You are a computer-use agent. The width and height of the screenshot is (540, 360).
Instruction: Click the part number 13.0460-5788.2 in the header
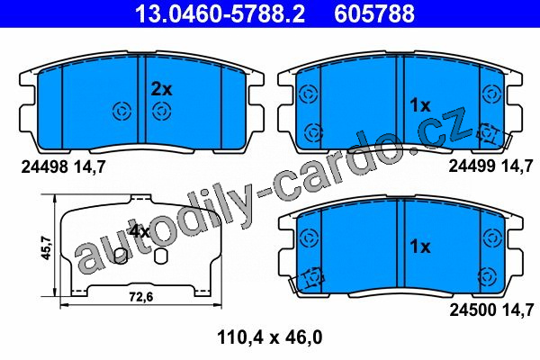point(220,13)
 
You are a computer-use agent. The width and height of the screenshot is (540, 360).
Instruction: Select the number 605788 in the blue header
point(374,13)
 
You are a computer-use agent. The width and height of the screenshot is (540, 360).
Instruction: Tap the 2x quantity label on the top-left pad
point(161,90)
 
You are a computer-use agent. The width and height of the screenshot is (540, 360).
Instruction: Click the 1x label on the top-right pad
point(420,105)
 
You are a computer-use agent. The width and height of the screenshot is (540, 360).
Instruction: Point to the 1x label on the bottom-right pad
point(420,247)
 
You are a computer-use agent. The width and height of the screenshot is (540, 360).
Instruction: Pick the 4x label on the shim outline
point(139,231)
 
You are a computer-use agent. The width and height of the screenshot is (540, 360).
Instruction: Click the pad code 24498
point(44,167)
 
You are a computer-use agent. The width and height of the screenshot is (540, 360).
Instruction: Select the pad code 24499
point(472,166)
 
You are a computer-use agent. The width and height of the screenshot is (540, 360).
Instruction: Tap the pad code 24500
point(472,310)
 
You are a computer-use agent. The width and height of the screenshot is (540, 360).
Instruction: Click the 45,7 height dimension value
point(46,247)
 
